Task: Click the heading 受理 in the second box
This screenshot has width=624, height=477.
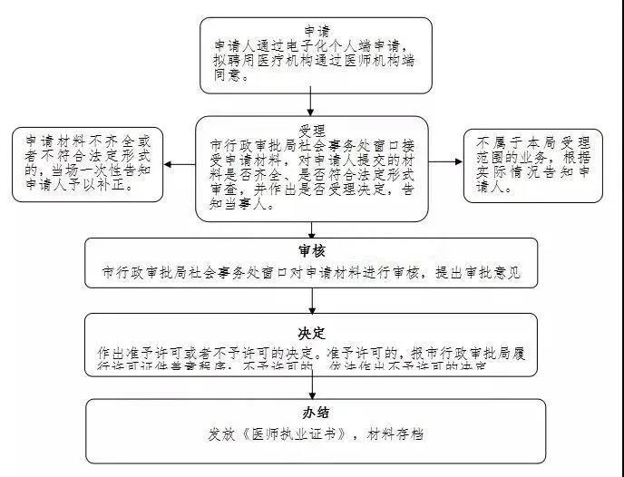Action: point(311,130)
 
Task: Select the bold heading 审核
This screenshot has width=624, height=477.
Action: point(311,251)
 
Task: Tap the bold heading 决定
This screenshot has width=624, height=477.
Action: point(311,333)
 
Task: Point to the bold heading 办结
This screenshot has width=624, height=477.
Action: point(311,413)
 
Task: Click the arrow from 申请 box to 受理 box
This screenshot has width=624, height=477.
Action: point(311,102)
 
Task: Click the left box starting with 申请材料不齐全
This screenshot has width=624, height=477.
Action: point(88,164)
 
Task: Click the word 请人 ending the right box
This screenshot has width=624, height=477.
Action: point(494,190)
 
